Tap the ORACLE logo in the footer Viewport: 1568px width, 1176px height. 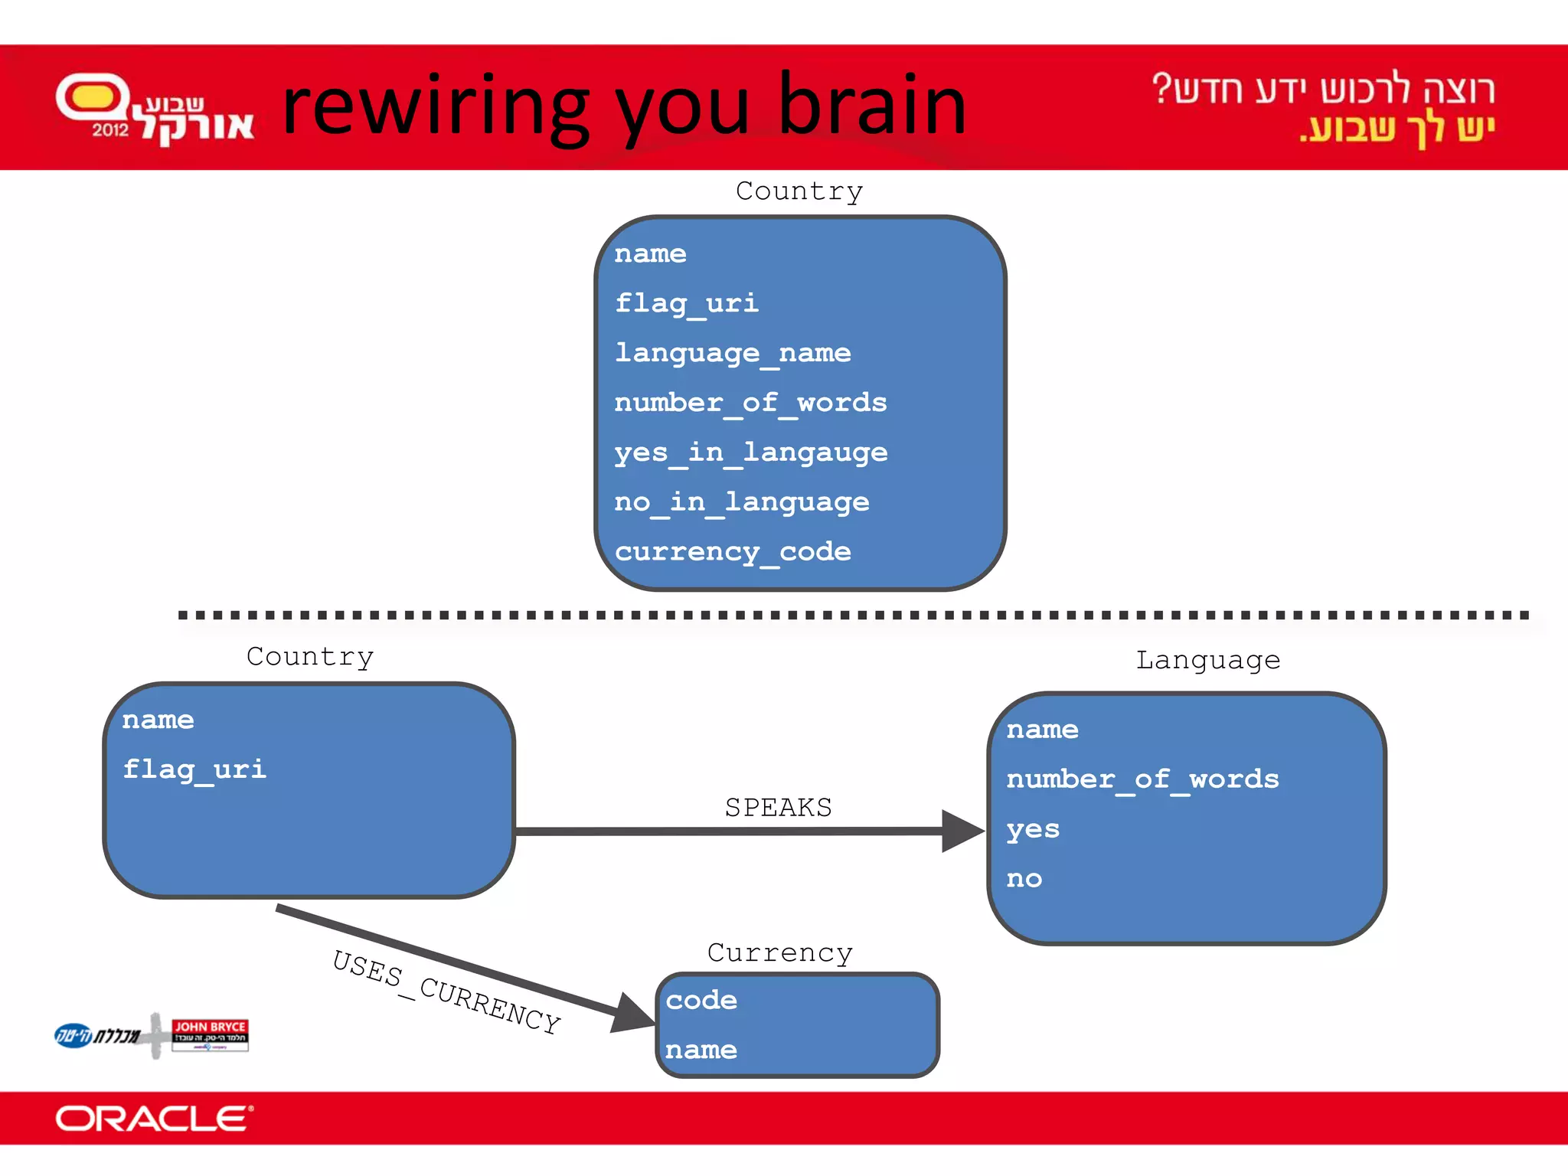pos(153,1119)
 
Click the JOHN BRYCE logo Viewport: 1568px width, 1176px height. pos(210,1034)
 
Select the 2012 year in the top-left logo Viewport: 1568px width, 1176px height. pos(110,130)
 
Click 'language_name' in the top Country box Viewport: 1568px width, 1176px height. pos(733,353)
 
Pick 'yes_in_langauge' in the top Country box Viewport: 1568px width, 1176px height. pos(750,452)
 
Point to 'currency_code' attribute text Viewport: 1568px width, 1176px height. pos(733,552)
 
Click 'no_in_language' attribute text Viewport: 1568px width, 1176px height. pos(741,502)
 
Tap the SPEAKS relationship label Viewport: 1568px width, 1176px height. pos(778,807)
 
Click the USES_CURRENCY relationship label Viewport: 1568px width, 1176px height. pos(446,992)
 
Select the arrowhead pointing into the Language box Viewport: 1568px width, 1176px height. pos(962,831)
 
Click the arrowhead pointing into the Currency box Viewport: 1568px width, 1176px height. pos(633,1013)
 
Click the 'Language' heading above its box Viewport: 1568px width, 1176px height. pos(1207,660)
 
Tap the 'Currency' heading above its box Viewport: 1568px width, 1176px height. pos(779,952)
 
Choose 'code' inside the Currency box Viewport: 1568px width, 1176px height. pos(701,1000)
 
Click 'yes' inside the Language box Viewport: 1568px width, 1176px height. pos(1033,829)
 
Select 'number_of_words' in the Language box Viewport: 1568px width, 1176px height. pos(1142,779)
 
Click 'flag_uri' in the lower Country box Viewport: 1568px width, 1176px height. pos(194,769)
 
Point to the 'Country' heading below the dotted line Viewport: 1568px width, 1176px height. pos(310,656)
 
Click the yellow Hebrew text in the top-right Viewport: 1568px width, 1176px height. pos(1397,129)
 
